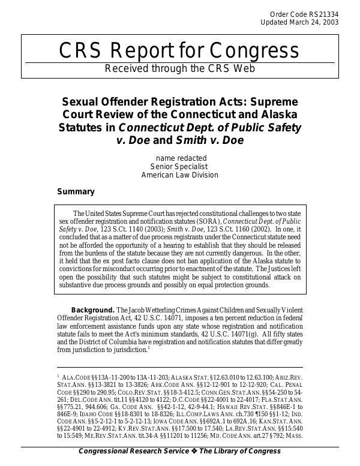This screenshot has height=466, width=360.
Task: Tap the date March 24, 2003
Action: click(316, 22)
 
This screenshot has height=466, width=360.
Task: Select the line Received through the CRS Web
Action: click(180, 68)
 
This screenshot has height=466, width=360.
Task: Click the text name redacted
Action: click(179, 158)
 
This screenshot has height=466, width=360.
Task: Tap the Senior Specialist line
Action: click(179, 167)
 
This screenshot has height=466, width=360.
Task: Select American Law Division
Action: click(179, 175)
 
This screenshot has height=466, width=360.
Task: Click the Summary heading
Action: click(76, 192)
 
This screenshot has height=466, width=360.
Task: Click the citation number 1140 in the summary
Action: click(119, 230)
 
